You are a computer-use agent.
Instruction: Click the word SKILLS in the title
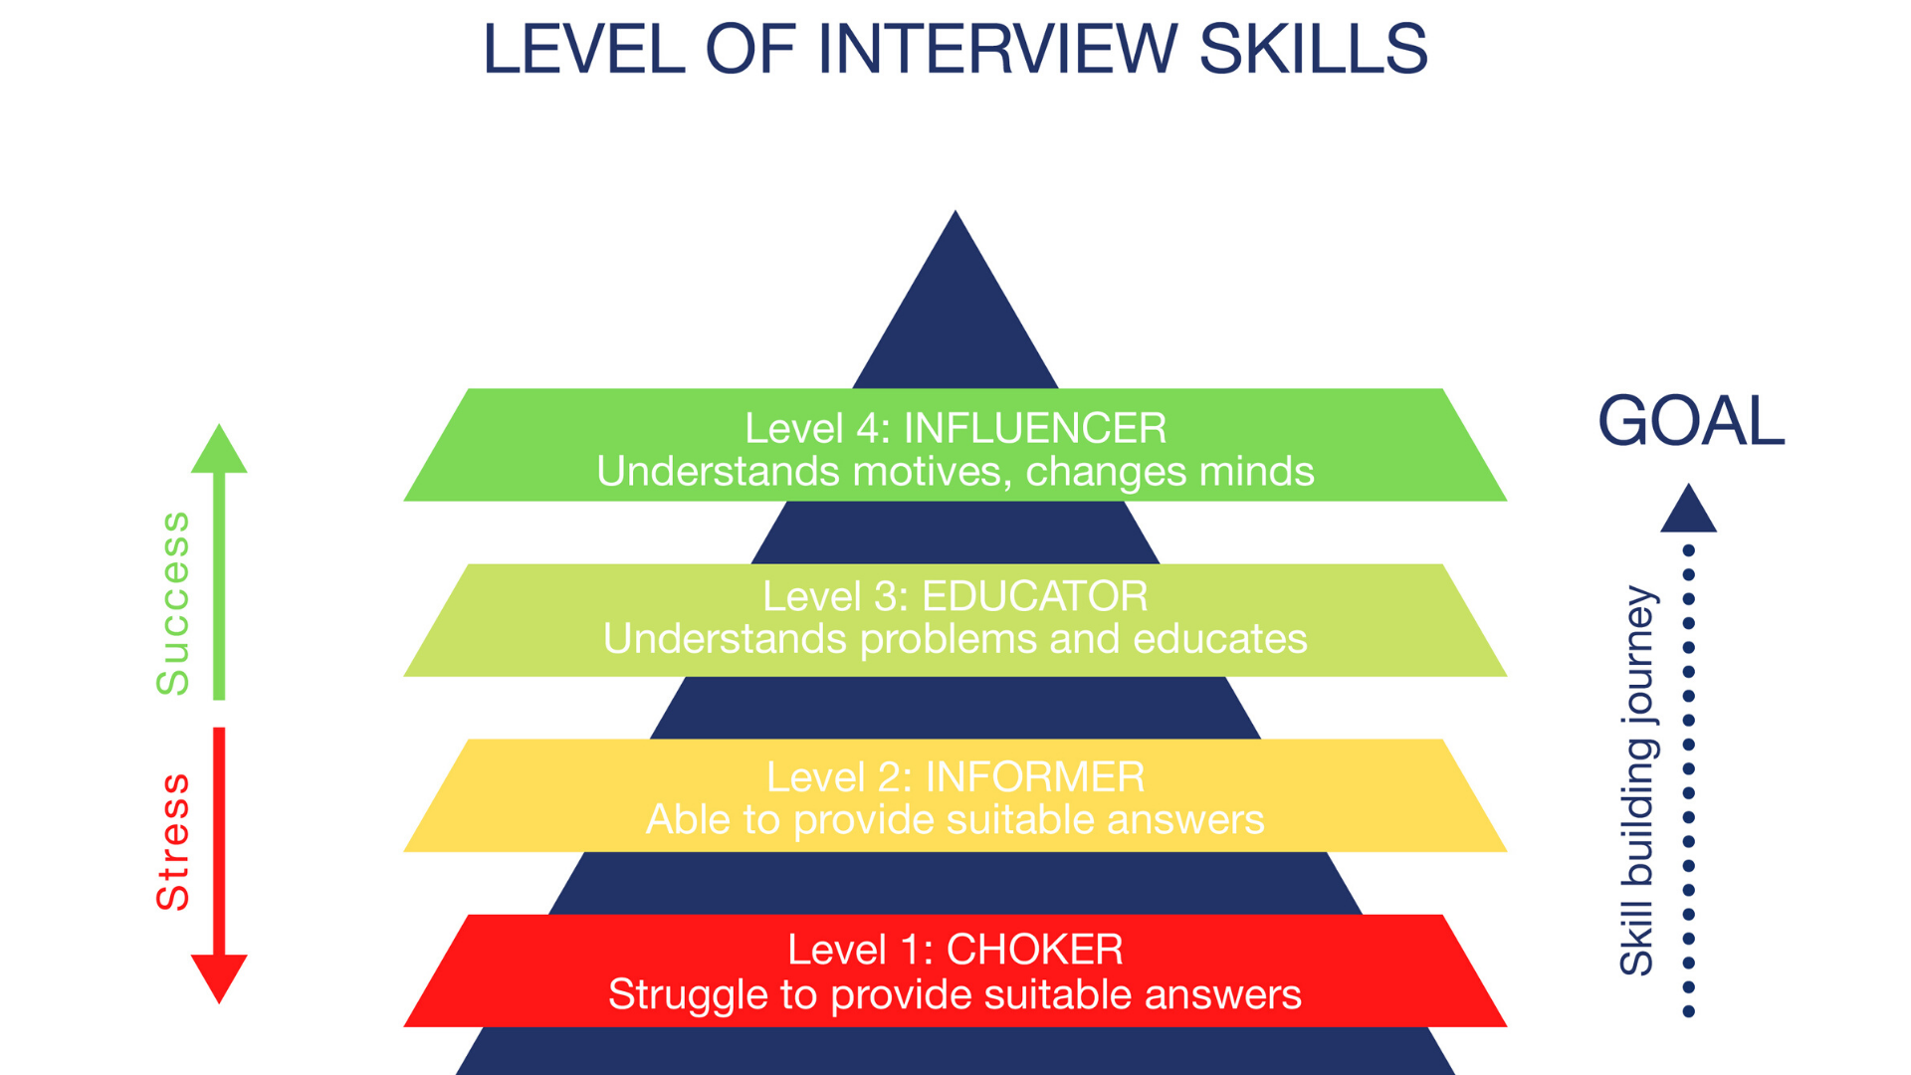[x=1313, y=49]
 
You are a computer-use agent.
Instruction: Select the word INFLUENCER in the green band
[x=1034, y=429]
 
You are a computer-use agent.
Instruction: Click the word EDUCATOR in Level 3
[x=1034, y=597]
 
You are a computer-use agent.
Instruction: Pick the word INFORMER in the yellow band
[x=1035, y=777]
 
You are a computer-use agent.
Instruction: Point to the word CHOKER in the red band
[x=1034, y=950]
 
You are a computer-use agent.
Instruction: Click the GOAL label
[x=1691, y=421]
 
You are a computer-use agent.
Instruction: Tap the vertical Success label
[x=173, y=603]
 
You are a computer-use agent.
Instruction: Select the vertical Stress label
[x=173, y=842]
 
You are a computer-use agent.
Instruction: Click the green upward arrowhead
[x=219, y=451]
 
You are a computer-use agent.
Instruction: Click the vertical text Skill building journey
[x=1637, y=780]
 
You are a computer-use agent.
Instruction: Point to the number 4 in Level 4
[x=869, y=429]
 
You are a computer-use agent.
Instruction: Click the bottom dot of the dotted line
[x=1688, y=1012]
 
